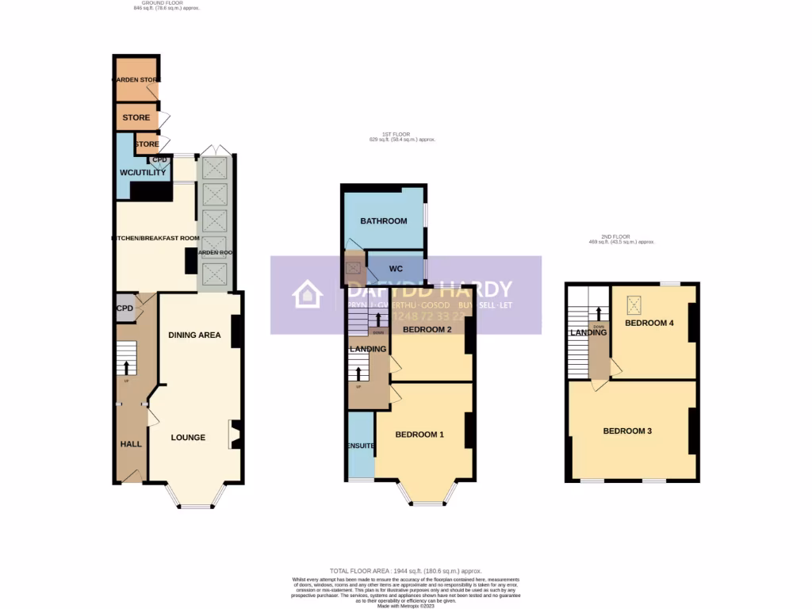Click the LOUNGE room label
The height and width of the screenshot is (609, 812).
(x=188, y=437)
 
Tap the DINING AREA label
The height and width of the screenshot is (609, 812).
(x=194, y=335)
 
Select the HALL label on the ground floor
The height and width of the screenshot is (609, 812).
(x=131, y=444)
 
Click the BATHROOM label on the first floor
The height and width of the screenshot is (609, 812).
(x=384, y=221)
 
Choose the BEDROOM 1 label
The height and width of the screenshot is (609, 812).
(x=419, y=435)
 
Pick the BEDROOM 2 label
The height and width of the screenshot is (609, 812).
(x=427, y=329)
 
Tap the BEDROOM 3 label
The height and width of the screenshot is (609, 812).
(x=627, y=431)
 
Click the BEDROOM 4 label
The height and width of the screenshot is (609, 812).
(x=649, y=323)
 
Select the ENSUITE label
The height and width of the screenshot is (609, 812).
(x=360, y=446)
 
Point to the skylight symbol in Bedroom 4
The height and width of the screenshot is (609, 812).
(x=634, y=304)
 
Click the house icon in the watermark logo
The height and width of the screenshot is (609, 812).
(x=308, y=295)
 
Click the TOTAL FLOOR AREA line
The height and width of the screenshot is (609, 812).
(x=405, y=571)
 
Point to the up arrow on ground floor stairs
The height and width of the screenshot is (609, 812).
(x=125, y=368)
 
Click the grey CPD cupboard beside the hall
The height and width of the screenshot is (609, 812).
(x=124, y=308)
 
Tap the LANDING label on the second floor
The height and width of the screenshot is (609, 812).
(x=588, y=333)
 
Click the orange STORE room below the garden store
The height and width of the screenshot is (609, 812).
(x=136, y=118)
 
